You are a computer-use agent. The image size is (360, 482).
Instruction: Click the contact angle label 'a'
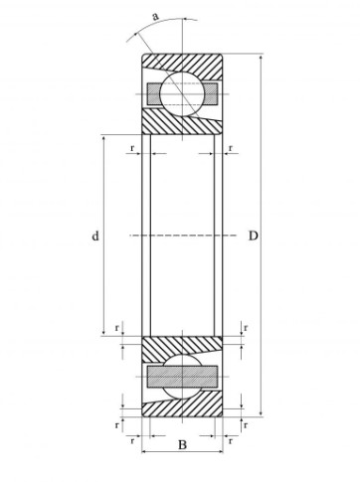pos(155,16)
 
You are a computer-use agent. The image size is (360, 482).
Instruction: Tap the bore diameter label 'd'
pos(95,236)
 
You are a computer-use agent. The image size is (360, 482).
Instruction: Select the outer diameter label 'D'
pos(253,236)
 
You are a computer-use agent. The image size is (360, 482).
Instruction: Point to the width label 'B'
pos(182,444)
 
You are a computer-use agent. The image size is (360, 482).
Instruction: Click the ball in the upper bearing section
pos(181,94)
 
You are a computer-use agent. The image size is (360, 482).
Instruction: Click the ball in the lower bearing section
pos(182,377)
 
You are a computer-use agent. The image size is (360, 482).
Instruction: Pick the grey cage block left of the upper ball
pos(154,94)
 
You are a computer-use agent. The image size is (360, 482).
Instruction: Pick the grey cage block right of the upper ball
pos(210,94)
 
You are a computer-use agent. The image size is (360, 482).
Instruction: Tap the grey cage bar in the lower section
pos(182,377)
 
